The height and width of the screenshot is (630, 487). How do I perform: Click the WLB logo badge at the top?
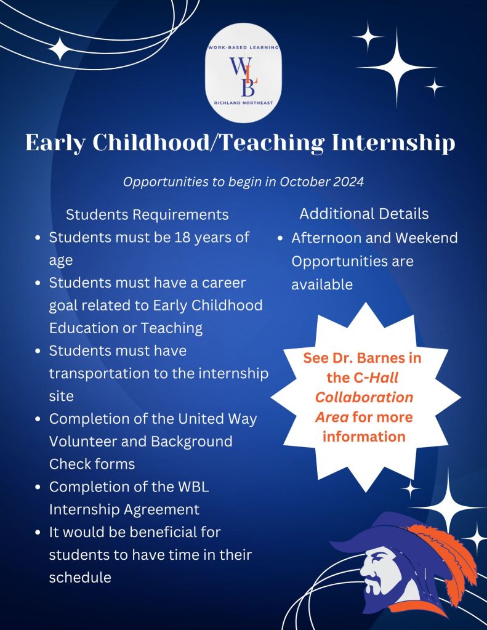pos(243,75)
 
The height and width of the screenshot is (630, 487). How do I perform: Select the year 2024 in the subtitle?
pos(347,182)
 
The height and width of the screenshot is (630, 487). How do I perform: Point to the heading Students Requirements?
pos(147,214)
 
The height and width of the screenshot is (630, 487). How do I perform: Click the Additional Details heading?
pos(364,214)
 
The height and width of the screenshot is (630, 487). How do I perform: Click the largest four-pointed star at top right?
pos(396,66)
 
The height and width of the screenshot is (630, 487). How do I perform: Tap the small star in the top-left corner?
pos(60,49)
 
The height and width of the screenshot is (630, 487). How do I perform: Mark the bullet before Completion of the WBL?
pos(38,487)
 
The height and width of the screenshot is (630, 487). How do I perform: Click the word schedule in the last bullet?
pos(80,577)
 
